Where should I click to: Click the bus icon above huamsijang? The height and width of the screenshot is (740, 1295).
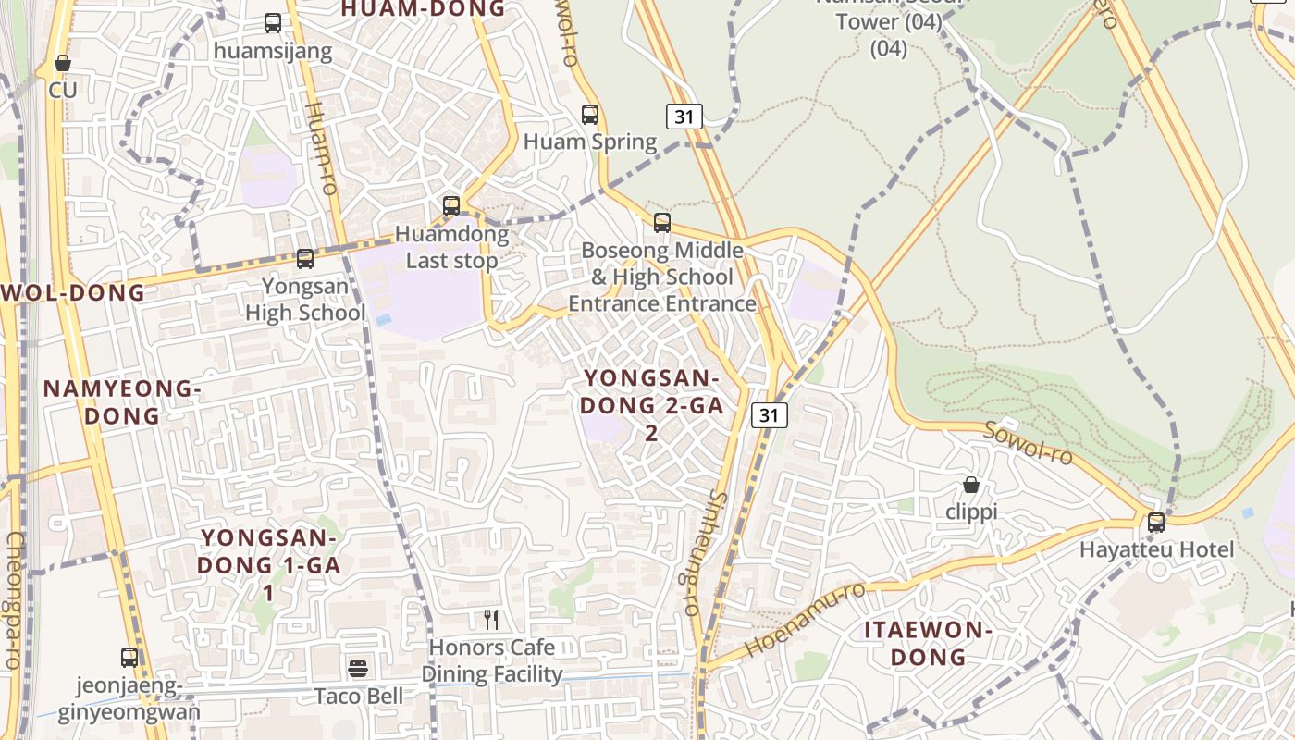point(273,23)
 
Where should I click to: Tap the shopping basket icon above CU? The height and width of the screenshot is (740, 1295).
point(63,64)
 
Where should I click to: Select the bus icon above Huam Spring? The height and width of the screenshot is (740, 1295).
point(590,115)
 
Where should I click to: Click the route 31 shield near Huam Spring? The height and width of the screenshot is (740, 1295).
point(684,117)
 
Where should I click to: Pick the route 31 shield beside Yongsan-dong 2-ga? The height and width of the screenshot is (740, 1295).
point(769,415)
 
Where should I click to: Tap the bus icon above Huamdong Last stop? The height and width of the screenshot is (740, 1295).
point(451,206)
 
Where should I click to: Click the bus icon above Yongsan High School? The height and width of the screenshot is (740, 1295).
point(305,259)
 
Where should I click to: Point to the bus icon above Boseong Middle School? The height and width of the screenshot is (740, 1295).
point(662,223)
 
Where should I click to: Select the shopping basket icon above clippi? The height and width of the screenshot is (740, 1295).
point(971,485)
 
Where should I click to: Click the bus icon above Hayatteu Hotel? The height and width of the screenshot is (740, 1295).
point(1156,523)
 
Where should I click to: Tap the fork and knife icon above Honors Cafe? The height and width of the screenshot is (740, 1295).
point(492,620)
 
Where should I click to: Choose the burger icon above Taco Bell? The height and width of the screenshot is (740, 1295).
point(358,668)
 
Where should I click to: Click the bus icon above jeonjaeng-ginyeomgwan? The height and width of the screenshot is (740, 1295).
point(129,658)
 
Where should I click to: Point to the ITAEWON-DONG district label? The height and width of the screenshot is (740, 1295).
point(928,644)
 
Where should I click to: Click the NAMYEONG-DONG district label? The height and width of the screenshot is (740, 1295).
point(122,402)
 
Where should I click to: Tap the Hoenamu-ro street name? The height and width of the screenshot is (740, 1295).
point(805,620)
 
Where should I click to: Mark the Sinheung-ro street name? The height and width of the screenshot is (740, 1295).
point(704,553)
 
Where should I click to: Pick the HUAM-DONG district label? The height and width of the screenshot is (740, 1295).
point(424,9)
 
